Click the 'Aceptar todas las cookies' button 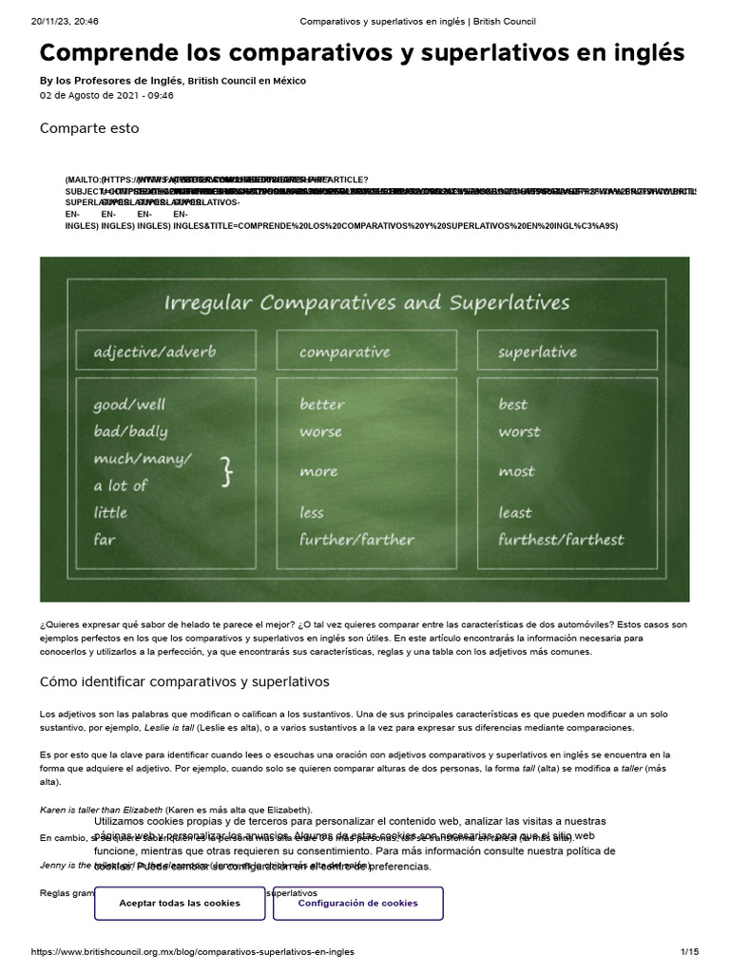180,903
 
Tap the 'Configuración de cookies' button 357,903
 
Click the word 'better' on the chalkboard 322,405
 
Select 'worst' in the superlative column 520,431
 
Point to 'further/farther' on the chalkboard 356,540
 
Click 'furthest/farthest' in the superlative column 561,540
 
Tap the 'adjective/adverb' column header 155,352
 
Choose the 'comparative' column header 344,352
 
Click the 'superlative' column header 537,352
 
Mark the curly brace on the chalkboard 226,472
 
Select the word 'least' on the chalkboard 515,513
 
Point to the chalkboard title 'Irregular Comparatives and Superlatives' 367,303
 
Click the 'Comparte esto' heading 89,128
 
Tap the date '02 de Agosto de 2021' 93,96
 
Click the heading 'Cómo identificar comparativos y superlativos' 183,681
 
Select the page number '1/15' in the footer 689,951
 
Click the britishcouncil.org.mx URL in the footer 193,951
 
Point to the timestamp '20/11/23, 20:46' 58,21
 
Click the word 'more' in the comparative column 318,472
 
